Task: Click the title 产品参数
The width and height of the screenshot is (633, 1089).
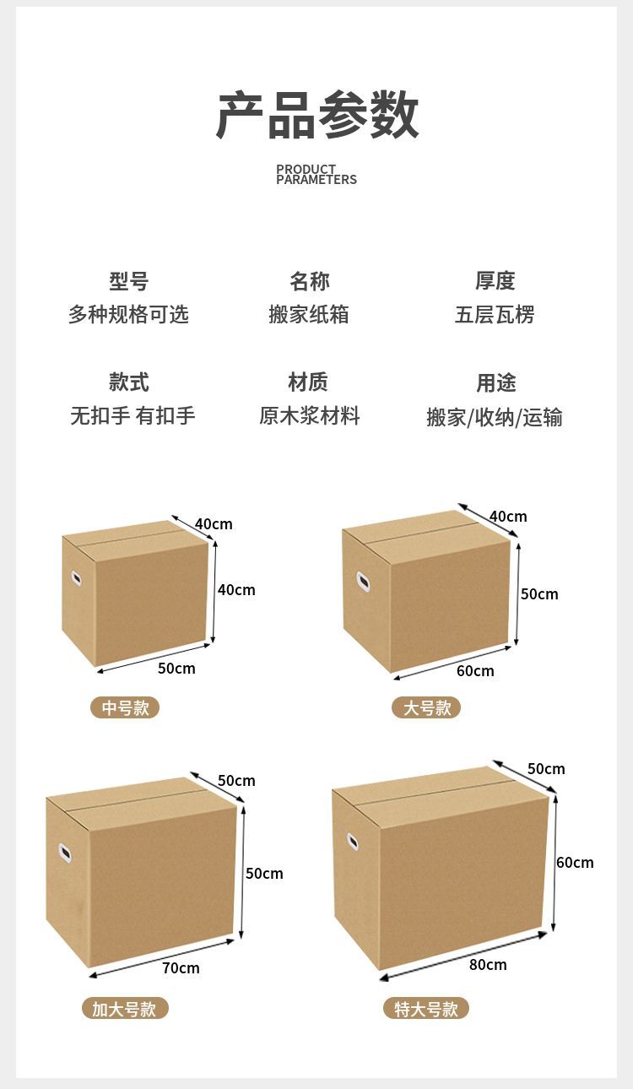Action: pyautogui.click(x=317, y=115)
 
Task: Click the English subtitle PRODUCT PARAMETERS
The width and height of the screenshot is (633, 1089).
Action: pyautogui.click(x=316, y=175)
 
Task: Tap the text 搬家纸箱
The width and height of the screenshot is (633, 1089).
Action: pyautogui.click(x=309, y=315)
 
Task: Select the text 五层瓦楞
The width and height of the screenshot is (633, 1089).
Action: pyautogui.click(x=495, y=315)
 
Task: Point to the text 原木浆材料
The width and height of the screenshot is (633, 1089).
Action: pyautogui.click(x=309, y=415)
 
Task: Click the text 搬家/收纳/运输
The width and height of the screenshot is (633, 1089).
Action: pyautogui.click(x=495, y=417)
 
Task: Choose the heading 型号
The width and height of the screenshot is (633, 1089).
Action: pyautogui.click(x=128, y=281)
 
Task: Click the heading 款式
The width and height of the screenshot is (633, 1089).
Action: pyautogui.click(x=128, y=382)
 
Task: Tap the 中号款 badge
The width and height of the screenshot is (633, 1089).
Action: pyautogui.click(x=125, y=707)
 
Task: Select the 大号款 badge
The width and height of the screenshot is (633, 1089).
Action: pyautogui.click(x=426, y=707)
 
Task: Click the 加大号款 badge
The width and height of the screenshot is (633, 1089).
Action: pyautogui.click(x=125, y=1009)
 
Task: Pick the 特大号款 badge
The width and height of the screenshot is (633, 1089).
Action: pyautogui.click(x=426, y=1009)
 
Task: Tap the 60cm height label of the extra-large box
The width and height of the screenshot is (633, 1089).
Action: pyautogui.click(x=575, y=863)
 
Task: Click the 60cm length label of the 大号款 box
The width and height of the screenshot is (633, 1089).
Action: pyautogui.click(x=475, y=671)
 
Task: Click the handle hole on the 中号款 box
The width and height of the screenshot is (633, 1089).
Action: pyautogui.click(x=76, y=578)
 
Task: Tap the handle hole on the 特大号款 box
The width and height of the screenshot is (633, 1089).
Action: pyautogui.click(x=353, y=842)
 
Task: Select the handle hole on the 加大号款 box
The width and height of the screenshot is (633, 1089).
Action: pyautogui.click(x=65, y=853)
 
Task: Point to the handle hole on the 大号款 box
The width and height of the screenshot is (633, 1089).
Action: pyautogui.click(x=363, y=582)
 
